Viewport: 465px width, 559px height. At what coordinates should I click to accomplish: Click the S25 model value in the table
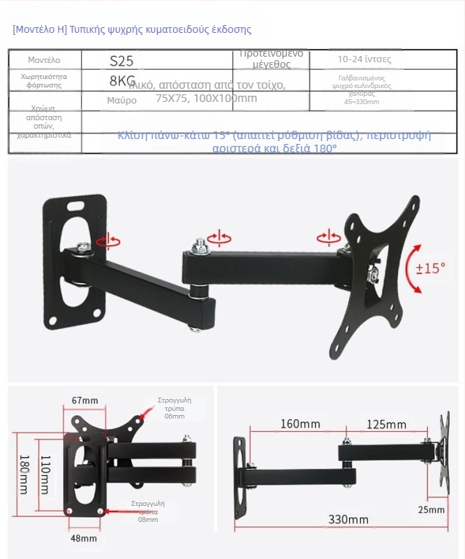pos(121,61)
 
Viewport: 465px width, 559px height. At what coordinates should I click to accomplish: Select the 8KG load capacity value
pos(122,80)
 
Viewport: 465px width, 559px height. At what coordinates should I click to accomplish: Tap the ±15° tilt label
pos(430,268)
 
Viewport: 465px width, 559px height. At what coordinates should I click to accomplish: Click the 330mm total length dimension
pos(348,519)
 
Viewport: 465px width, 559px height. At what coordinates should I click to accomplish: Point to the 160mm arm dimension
pos(300,424)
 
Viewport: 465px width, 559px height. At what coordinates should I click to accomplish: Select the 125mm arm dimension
pos(386,424)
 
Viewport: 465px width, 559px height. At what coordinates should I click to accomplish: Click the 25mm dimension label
pos(431,509)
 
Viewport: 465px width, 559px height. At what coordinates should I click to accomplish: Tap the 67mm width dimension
pos(85,400)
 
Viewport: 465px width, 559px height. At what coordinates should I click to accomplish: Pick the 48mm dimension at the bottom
pos(84,538)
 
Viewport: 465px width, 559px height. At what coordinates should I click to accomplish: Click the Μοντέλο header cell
pos(45,60)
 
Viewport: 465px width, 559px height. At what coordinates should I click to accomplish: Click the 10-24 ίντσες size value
pos(364,59)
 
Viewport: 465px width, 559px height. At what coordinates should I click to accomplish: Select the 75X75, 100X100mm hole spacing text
pos(206,99)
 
